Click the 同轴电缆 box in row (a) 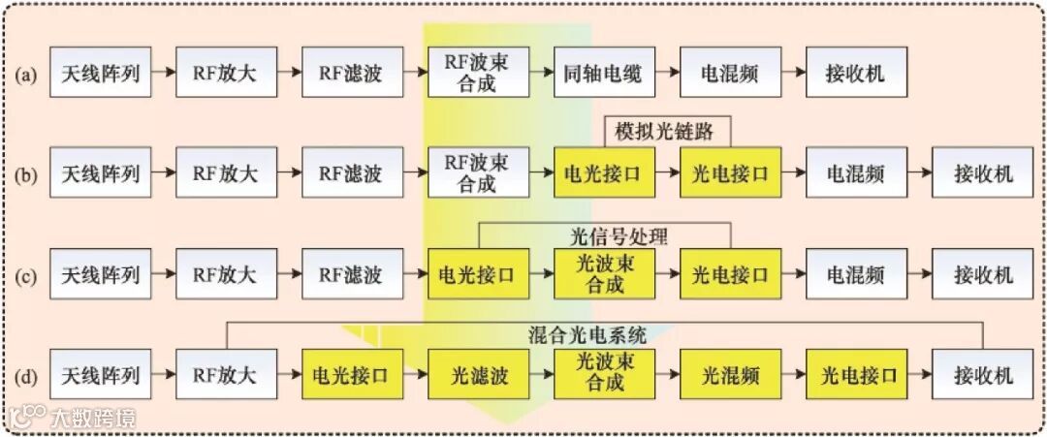click(603, 73)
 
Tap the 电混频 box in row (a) click(729, 73)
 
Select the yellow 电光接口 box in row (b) click(603, 174)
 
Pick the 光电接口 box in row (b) click(729, 174)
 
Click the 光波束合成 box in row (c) click(603, 275)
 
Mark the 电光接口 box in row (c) click(477, 275)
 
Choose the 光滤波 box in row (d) click(477, 375)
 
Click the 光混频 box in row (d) click(729, 375)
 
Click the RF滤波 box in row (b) click(351, 174)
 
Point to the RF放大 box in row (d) click(225, 375)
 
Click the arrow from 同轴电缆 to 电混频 click(666, 73)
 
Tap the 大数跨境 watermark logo click(72, 418)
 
